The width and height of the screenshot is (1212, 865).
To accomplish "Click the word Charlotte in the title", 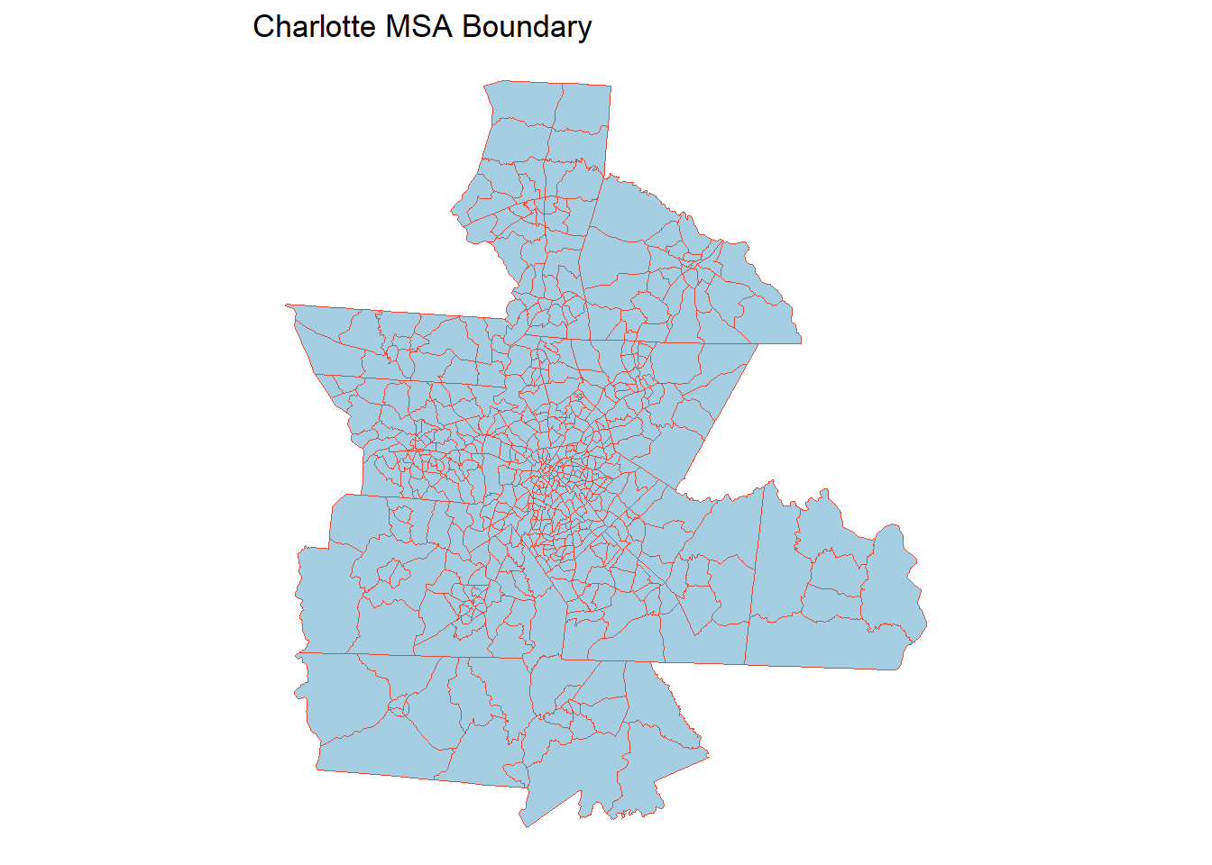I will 314,27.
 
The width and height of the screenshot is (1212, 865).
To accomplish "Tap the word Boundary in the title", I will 527,27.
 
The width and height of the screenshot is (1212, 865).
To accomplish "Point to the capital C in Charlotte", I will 262,27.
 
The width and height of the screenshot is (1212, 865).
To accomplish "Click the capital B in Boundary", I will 472,27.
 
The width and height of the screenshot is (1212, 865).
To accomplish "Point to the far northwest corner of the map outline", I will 287,305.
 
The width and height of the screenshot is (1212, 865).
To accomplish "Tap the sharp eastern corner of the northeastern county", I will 801,342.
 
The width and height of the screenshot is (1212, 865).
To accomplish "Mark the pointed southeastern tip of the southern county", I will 708,755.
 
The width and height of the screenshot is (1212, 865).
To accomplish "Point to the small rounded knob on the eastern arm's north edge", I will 822,495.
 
